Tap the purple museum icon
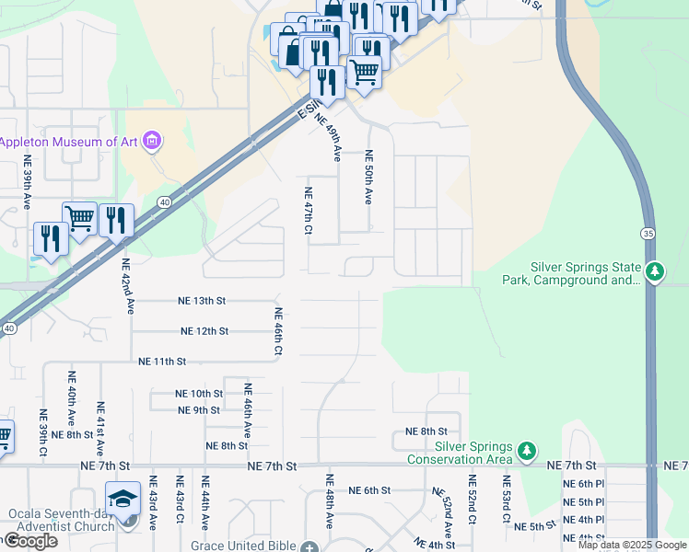[x=153, y=142]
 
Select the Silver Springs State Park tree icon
[x=655, y=271]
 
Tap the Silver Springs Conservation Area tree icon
[x=526, y=451]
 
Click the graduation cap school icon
[x=123, y=499]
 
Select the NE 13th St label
[x=202, y=301]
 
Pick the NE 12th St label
[x=204, y=331]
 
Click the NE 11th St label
[x=162, y=362]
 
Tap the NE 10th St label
[x=199, y=394]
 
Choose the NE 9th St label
[x=199, y=410]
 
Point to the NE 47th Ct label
[x=309, y=210]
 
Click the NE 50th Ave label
[x=368, y=177]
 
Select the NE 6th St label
[x=371, y=490]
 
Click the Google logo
[x=30, y=541]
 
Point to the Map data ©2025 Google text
[x=631, y=545]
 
